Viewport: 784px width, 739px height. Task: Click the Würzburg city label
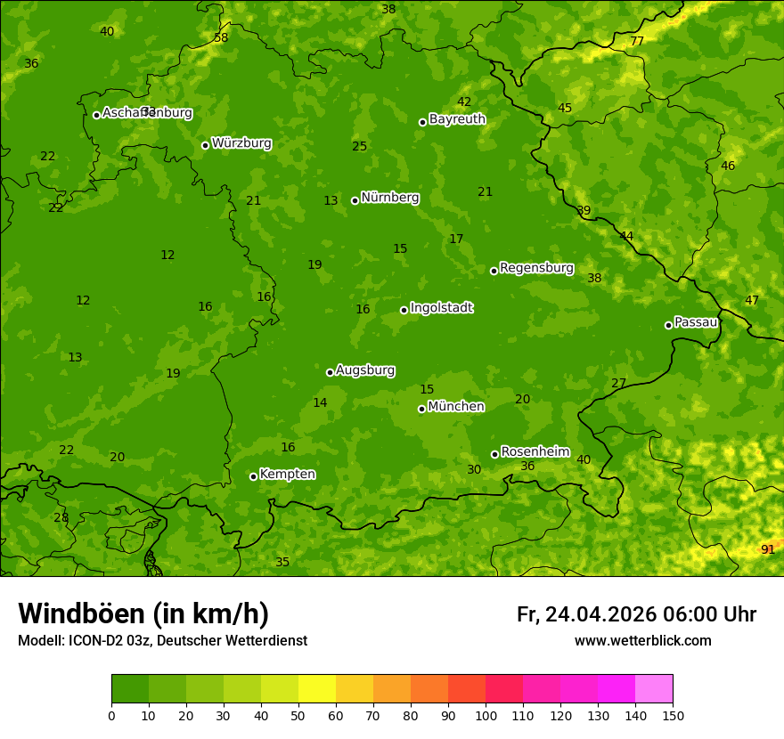(x=241, y=143)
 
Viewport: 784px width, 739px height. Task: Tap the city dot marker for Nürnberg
(x=355, y=200)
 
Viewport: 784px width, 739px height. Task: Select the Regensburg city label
(x=536, y=268)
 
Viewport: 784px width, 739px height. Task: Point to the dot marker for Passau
(x=668, y=325)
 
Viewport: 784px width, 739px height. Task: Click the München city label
(x=456, y=407)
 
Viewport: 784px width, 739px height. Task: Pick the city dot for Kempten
(x=253, y=476)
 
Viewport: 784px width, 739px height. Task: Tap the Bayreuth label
(x=457, y=119)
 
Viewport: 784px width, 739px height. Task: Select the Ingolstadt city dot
(x=404, y=310)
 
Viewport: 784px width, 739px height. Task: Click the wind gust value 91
(x=767, y=549)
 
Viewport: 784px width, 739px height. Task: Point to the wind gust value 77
(x=637, y=42)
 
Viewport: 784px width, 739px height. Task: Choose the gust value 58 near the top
(x=221, y=37)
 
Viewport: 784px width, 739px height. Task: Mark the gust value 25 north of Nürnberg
(x=359, y=146)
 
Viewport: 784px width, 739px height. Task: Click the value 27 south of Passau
(x=618, y=383)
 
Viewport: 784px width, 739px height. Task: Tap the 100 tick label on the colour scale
(x=486, y=715)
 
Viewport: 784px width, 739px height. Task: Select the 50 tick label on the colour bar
(x=298, y=715)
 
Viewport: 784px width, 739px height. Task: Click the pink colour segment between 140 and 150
(x=654, y=689)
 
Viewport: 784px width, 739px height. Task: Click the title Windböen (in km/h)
(x=143, y=613)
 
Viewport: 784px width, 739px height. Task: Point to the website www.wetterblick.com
(x=642, y=640)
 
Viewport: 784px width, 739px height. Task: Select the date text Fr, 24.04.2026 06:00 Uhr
(x=636, y=614)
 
